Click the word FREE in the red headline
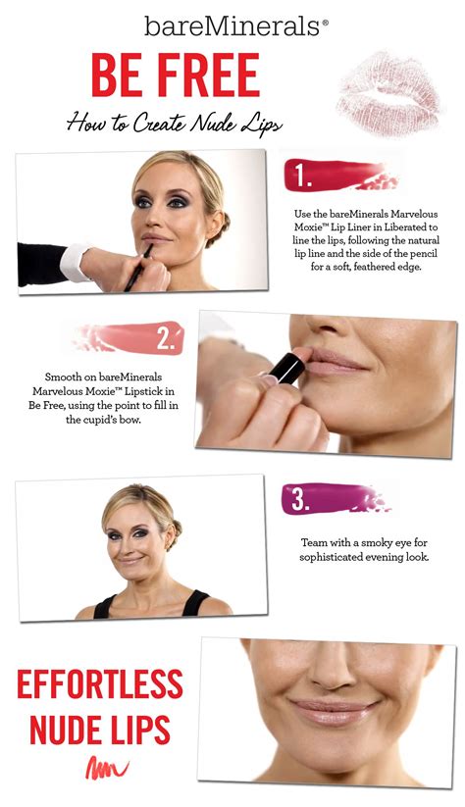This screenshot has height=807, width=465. (x=208, y=76)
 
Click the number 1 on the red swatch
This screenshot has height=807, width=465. (x=302, y=177)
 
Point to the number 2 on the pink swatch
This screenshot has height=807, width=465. (x=166, y=339)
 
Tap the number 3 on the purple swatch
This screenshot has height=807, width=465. (x=301, y=499)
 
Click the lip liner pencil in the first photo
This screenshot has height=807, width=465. (x=138, y=267)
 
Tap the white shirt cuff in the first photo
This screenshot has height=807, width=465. (x=75, y=263)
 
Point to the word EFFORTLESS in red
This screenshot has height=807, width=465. (x=99, y=684)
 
